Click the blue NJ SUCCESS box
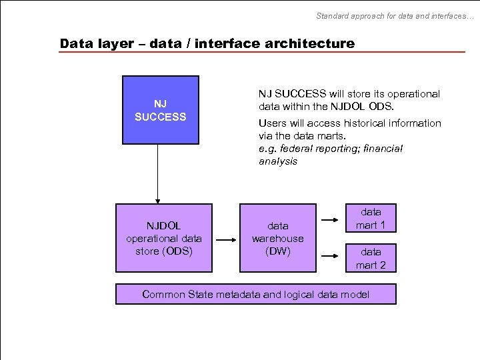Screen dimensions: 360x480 (160, 110)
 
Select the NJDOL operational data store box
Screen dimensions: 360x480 (163, 238)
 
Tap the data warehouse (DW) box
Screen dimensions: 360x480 (277, 238)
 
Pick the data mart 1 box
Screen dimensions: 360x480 (371, 218)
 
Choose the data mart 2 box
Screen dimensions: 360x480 (371, 258)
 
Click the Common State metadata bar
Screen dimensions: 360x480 (255, 294)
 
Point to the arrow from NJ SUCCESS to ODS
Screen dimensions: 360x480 (158, 173)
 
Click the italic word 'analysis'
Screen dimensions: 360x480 (278, 161)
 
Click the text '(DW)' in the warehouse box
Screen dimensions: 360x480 (277, 251)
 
